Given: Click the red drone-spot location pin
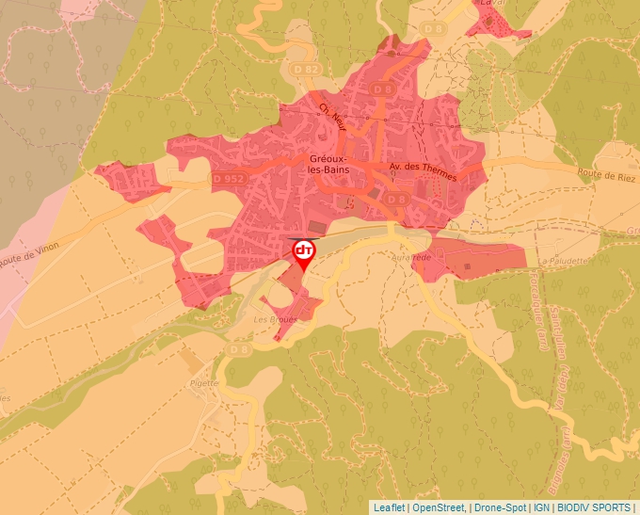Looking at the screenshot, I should click(x=304, y=252).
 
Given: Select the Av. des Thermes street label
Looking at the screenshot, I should click(x=423, y=171).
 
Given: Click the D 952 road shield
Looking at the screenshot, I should click(x=229, y=179).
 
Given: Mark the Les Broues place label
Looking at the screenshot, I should click(x=276, y=319).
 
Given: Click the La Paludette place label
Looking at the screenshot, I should click(x=564, y=260).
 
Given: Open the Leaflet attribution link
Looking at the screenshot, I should click(x=389, y=507).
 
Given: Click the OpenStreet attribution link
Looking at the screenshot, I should click(x=440, y=507).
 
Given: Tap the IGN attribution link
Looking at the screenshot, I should click(x=542, y=507).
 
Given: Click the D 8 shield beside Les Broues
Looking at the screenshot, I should click(x=238, y=350).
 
